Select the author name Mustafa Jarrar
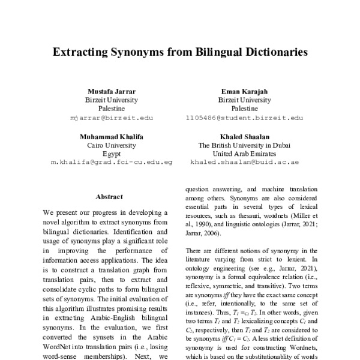pyautogui.click(x=112, y=91)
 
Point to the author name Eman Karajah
pyautogui.click(x=244, y=91)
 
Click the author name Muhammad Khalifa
pyautogui.click(x=112, y=137)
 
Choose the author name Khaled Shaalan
pyautogui.click(x=244, y=137)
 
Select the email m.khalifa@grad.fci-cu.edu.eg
pyautogui.click(x=112, y=163)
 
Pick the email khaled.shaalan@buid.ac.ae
pyautogui.click(x=244, y=163)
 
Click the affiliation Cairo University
pyautogui.click(x=112, y=145)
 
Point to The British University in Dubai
pyautogui.click(x=244, y=145)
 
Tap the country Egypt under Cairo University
pyautogui.click(x=112, y=154)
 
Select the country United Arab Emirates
pyautogui.click(x=244, y=154)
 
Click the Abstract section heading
pyautogui.click(x=109, y=196)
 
